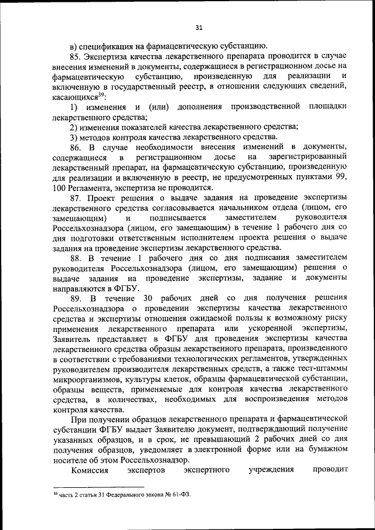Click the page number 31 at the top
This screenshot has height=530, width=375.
199,27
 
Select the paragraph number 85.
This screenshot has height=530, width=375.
75,57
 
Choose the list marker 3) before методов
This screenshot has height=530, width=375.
74,136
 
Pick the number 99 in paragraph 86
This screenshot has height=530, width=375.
340,177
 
